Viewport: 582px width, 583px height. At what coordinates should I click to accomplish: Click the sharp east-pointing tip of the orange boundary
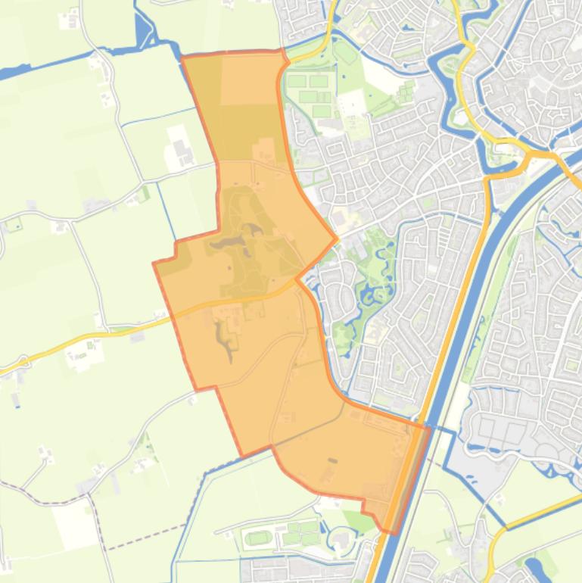337,239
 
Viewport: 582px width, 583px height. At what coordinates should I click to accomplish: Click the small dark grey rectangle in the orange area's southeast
331,460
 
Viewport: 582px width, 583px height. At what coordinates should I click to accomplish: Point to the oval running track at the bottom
259,538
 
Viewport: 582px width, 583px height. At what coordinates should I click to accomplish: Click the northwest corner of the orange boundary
183,58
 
